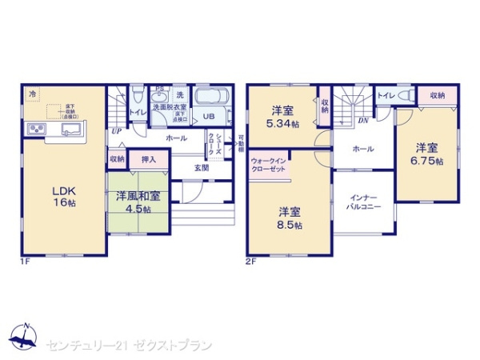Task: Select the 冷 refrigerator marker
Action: (x=33, y=95)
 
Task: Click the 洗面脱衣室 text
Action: (x=170, y=107)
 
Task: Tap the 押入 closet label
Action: (x=149, y=159)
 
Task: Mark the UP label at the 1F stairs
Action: (x=117, y=131)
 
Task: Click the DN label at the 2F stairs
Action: (x=362, y=121)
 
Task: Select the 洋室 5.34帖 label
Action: (x=282, y=116)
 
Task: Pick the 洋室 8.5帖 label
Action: (x=290, y=218)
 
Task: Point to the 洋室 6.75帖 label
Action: (x=426, y=154)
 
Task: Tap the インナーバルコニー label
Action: (x=364, y=201)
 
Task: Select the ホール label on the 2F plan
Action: (x=362, y=148)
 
